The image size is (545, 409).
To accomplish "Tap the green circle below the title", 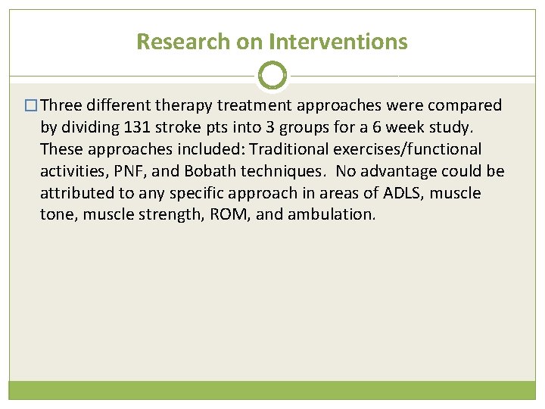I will click(272, 76).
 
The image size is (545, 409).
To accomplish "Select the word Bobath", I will click(199, 171).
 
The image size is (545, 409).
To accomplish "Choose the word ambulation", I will click(330, 214).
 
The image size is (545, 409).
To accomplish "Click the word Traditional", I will click(284, 149).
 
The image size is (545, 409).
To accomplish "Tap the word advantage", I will click(402, 171).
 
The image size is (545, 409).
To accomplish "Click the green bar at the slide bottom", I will click(272, 390).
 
